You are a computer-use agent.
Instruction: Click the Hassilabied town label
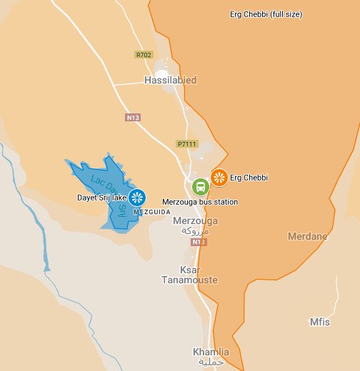point(170,81)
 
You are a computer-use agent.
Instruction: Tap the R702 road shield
point(144,54)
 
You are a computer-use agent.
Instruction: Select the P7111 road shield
point(186,143)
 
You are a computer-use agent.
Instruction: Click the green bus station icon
point(201,187)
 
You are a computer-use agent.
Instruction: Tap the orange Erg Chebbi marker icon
point(219,178)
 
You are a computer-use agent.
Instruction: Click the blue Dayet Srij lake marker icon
point(137,197)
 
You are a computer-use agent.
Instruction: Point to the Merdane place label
point(307,236)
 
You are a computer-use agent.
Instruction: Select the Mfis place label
point(319,322)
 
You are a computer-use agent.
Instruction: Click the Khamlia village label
point(211,352)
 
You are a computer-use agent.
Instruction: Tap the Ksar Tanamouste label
point(199,275)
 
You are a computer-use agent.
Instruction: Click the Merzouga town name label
point(196,221)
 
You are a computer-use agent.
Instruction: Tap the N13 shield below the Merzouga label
point(199,243)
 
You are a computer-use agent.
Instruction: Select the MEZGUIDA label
point(152,212)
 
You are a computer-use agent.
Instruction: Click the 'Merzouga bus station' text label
point(200,203)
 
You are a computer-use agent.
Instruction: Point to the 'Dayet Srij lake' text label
point(102,197)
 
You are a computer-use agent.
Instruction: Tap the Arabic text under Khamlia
point(211,363)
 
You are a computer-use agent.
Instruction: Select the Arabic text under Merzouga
point(196,231)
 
